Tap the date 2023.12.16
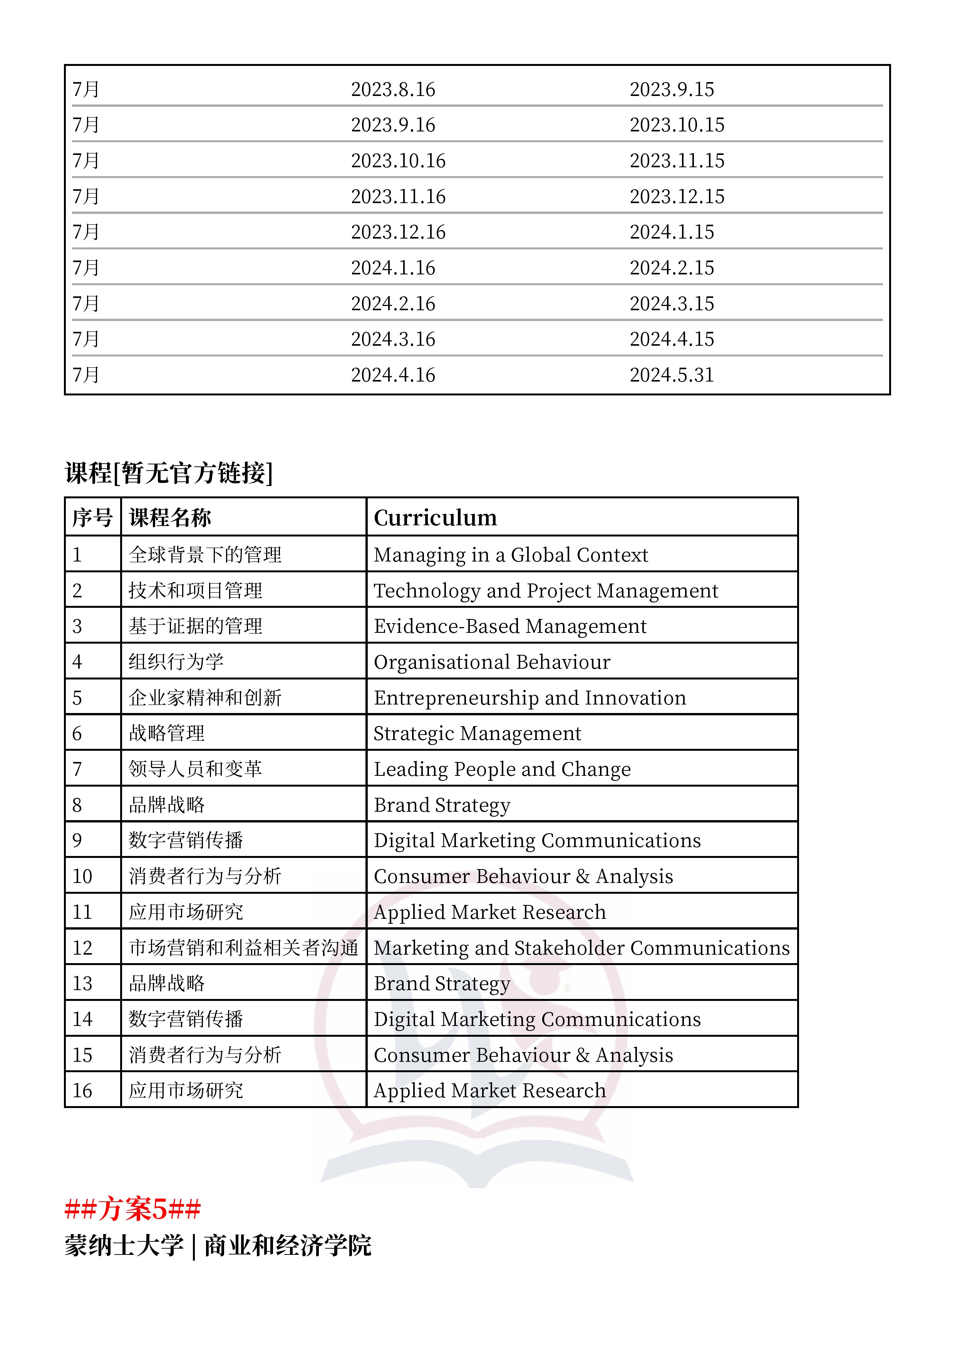[x=398, y=232]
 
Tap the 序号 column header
[x=92, y=518]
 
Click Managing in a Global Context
[x=510, y=555]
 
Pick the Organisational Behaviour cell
[x=491, y=662]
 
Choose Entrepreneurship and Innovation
[x=529, y=698]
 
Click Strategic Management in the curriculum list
[x=477, y=734]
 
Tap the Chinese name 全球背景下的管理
[x=205, y=555]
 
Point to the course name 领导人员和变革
[x=195, y=769]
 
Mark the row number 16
[x=82, y=1091]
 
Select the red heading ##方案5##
[x=132, y=1209]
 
